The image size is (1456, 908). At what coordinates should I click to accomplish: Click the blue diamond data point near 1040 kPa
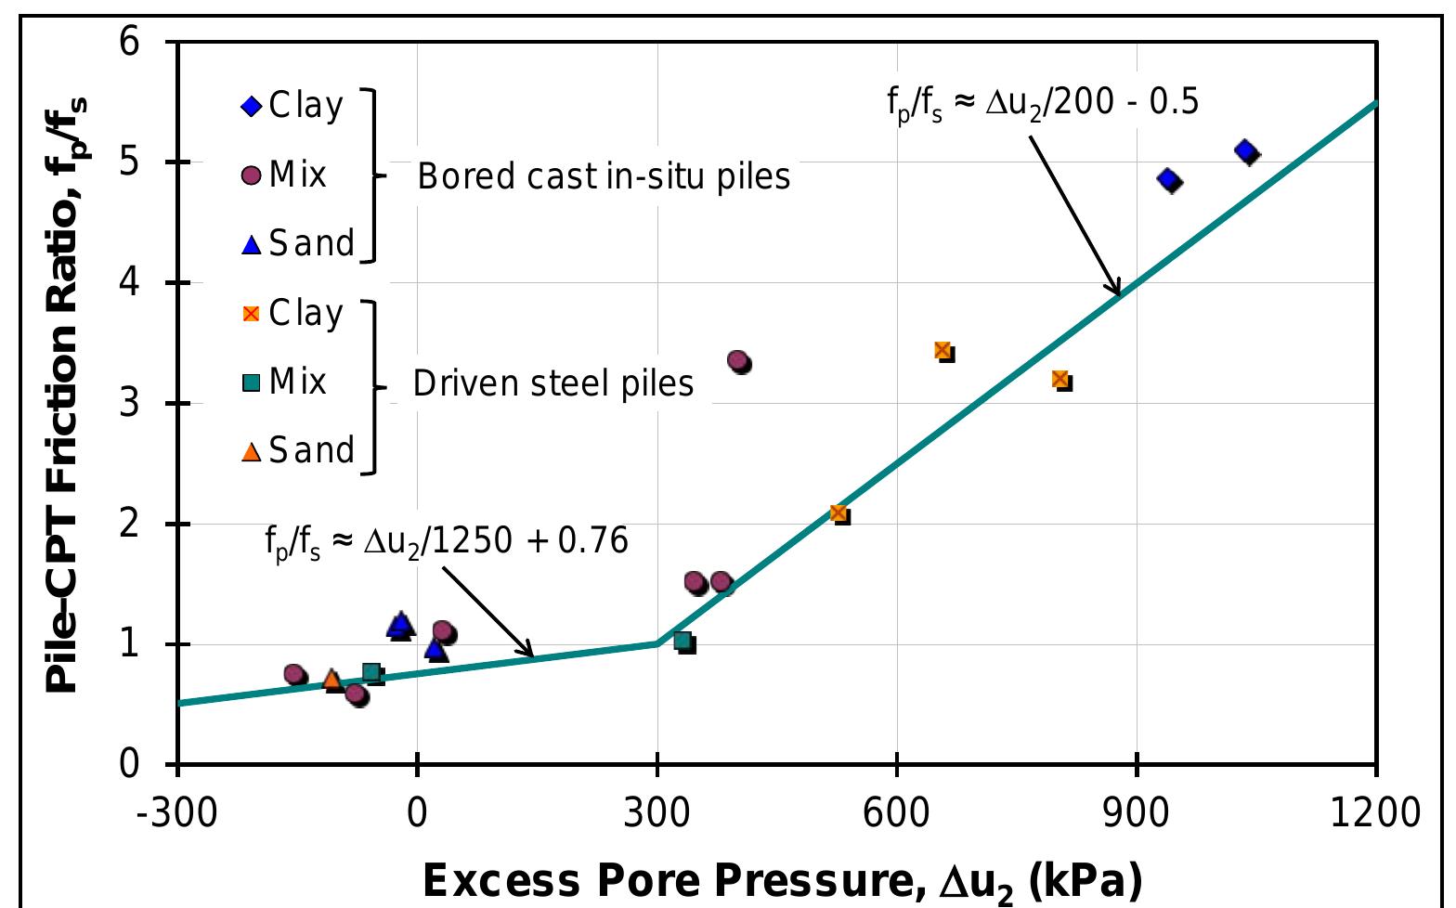tap(1246, 151)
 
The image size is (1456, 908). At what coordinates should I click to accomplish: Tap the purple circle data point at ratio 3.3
tap(738, 360)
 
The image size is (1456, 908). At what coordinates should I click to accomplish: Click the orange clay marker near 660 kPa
tap(942, 350)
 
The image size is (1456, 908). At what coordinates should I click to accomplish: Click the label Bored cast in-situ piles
tap(604, 175)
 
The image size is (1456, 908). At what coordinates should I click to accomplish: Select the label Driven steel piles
tap(553, 383)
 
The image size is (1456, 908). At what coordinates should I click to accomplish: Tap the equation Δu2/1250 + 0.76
tap(447, 542)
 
